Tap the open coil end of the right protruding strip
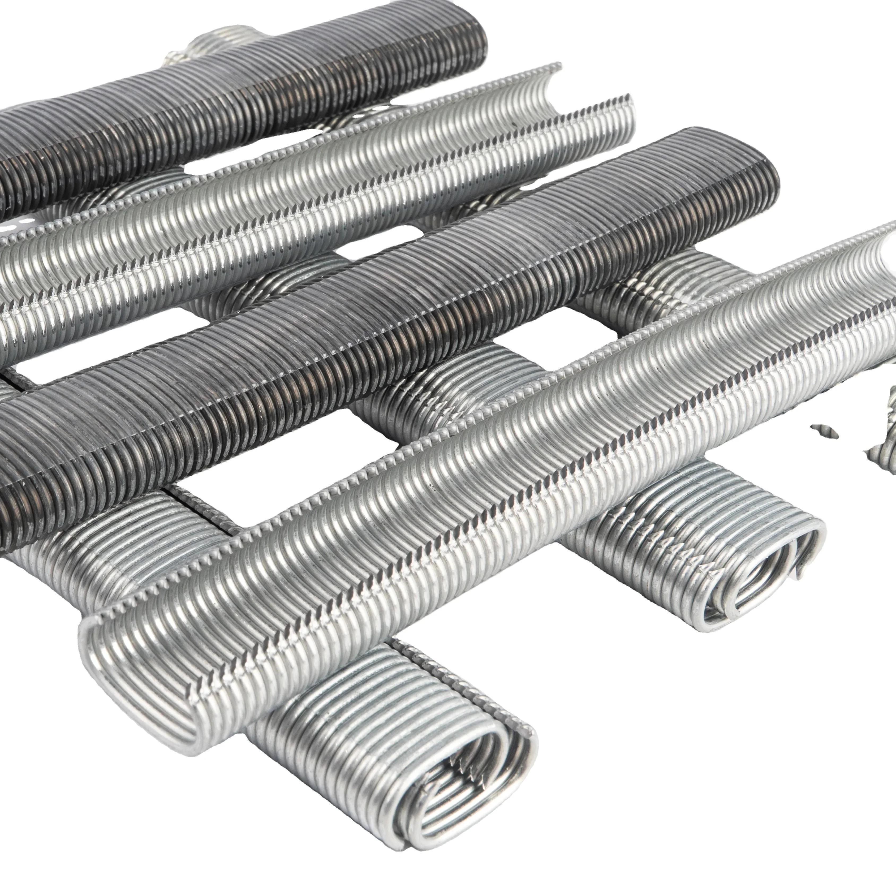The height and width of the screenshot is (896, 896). click(761, 575)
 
